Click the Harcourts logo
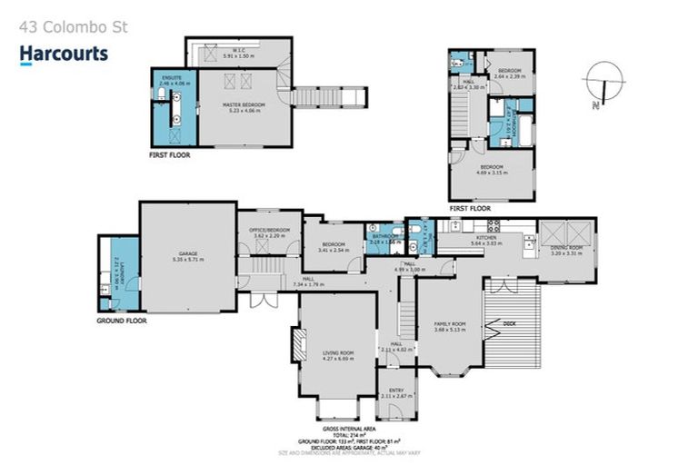click(64, 54)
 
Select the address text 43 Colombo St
click(74, 27)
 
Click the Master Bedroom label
click(244, 106)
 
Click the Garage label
click(187, 255)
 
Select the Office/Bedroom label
click(271, 232)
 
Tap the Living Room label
click(337, 354)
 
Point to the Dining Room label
click(566, 252)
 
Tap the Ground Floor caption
click(122, 321)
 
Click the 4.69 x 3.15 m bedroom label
click(494, 169)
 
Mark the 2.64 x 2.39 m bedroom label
click(509, 73)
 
